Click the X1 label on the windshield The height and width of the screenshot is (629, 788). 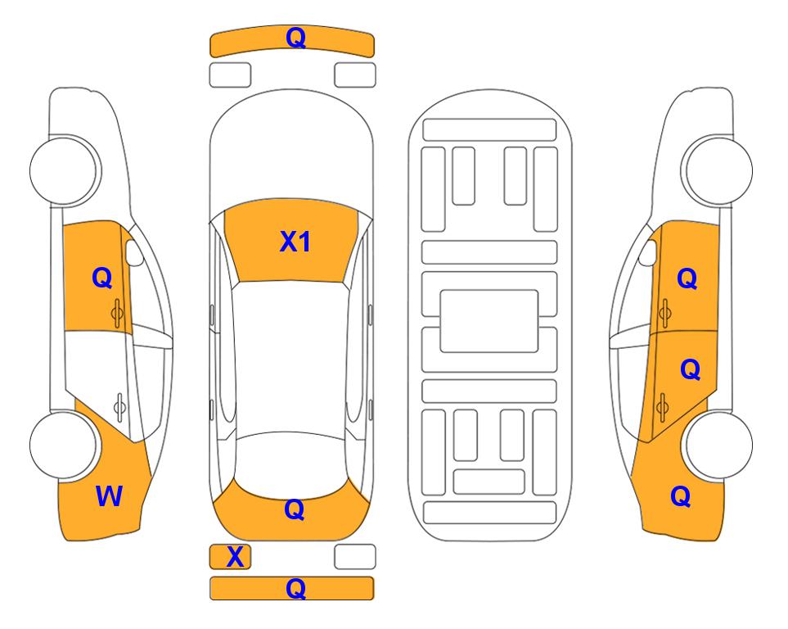(295, 242)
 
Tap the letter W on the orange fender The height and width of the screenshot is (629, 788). (109, 496)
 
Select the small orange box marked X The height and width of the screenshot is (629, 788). (230, 557)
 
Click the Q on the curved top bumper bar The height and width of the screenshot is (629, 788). (295, 38)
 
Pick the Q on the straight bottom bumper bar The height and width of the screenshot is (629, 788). (295, 588)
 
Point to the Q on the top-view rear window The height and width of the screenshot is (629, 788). (295, 509)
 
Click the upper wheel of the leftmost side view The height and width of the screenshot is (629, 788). (64, 170)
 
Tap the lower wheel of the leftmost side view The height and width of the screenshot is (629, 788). (64, 445)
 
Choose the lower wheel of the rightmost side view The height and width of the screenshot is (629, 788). (718, 445)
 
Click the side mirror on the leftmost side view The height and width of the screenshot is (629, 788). (134, 252)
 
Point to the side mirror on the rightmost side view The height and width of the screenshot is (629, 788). (648, 252)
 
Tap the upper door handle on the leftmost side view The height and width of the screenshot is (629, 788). (117, 314)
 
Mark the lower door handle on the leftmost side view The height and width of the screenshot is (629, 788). (119, 406)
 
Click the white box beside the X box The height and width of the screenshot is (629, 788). (355, 557)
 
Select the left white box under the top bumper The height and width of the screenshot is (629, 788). (230, 75)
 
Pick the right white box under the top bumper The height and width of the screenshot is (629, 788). (355, 75)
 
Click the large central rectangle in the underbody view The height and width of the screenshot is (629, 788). (489, 321)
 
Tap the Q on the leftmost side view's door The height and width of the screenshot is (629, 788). (102, 278)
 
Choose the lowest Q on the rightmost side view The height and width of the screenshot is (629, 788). (681, 496)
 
